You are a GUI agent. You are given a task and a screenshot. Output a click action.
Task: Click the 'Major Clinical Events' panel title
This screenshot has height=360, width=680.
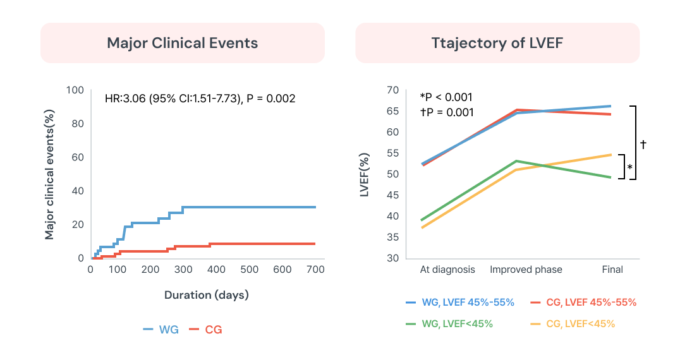pyautogui.click(x=182, y=43)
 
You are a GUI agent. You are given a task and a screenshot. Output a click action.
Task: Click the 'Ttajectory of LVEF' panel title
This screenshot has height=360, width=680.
pyautogui.click(x=497, y=43)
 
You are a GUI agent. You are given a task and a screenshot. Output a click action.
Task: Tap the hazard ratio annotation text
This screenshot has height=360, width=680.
pyautogui.click(x=200, y=99)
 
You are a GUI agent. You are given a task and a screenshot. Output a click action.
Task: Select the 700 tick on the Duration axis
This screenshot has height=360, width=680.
pyautogui.click(x=315, y=270)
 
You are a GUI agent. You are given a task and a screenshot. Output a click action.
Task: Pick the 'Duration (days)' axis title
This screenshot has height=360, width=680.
pyautogui.click(x=206, y=295)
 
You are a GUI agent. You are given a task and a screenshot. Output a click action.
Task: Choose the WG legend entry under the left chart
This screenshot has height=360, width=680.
pyautogui.click(x=161, y=330)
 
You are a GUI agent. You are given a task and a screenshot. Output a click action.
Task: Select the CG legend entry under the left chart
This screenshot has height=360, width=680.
pyautogui.click(x=205, y=330)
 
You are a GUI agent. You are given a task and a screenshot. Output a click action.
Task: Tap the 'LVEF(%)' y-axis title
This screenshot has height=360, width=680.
pyautogui.click(x=365, y=174)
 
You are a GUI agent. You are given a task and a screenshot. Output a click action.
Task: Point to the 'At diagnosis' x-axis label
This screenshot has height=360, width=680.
pyautogui.click(x=447, y=270)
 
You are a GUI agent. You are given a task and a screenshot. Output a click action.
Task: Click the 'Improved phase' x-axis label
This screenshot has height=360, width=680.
pyautogui.click(x=526, y=270)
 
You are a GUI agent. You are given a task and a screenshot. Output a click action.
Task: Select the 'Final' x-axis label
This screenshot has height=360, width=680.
pyautogui.click(x=612, y=270)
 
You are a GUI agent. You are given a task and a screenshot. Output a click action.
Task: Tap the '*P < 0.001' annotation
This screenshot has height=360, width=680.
pyautogui.click(x=446, y=98)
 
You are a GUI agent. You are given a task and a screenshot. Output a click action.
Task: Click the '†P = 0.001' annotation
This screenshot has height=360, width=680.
pyautogui.click(x=446, y=113)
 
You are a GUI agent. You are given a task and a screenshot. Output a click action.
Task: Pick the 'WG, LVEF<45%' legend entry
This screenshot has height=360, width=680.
pyautogui.click(x=449, y=323)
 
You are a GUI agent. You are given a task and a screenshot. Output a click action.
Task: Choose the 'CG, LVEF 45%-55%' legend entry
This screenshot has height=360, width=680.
pyautogui.click(x=583, y=303)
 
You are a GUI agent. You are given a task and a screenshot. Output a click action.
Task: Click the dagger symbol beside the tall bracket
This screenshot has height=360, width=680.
pyautogui.click(x=643, y=145)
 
